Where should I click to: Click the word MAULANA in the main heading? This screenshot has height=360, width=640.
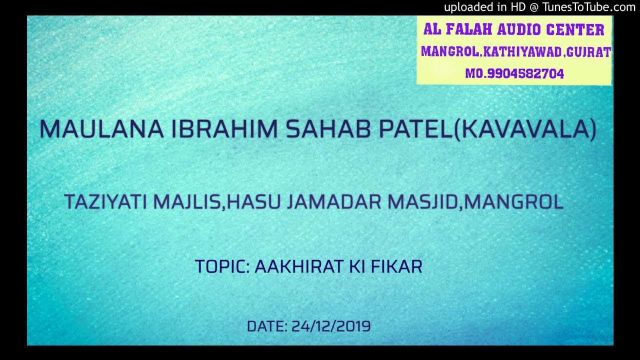click(101, 129)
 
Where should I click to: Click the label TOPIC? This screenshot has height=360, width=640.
click(221, 266)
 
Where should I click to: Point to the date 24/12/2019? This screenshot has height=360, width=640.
click(331, 326)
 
